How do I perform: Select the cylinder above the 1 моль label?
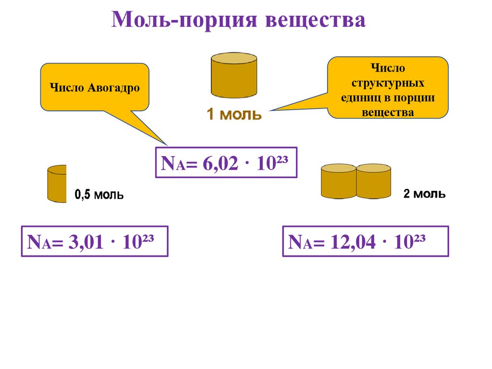[x=234, y=76]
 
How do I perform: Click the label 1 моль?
[x=234, y=114]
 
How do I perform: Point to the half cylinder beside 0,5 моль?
[x=57, y=184]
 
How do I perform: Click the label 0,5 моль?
[x=99, y=195]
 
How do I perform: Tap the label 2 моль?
[x=424, y=194]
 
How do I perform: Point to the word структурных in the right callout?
[x=388, y=83]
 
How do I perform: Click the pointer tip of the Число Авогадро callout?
[x=167, y=145]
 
